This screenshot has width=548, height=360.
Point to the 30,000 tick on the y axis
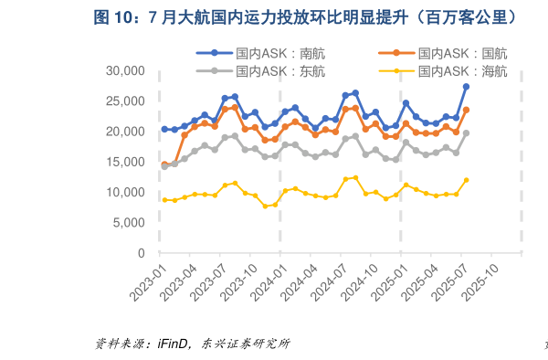tap(126, 71)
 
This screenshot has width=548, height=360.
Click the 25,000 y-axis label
tap(126, 101)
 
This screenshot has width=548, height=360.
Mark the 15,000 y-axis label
tap(126, 162)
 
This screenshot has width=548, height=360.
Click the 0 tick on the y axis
tap(142, 253)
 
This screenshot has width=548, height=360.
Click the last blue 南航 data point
tap(466, 87)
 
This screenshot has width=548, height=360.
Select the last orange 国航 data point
tap(466, 110)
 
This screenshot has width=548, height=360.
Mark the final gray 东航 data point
tap(466, 132)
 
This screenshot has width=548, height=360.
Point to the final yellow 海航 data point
tap(466, 180)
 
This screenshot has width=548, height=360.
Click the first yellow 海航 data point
tap(164, 199)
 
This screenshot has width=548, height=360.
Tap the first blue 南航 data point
tap(164, 129)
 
